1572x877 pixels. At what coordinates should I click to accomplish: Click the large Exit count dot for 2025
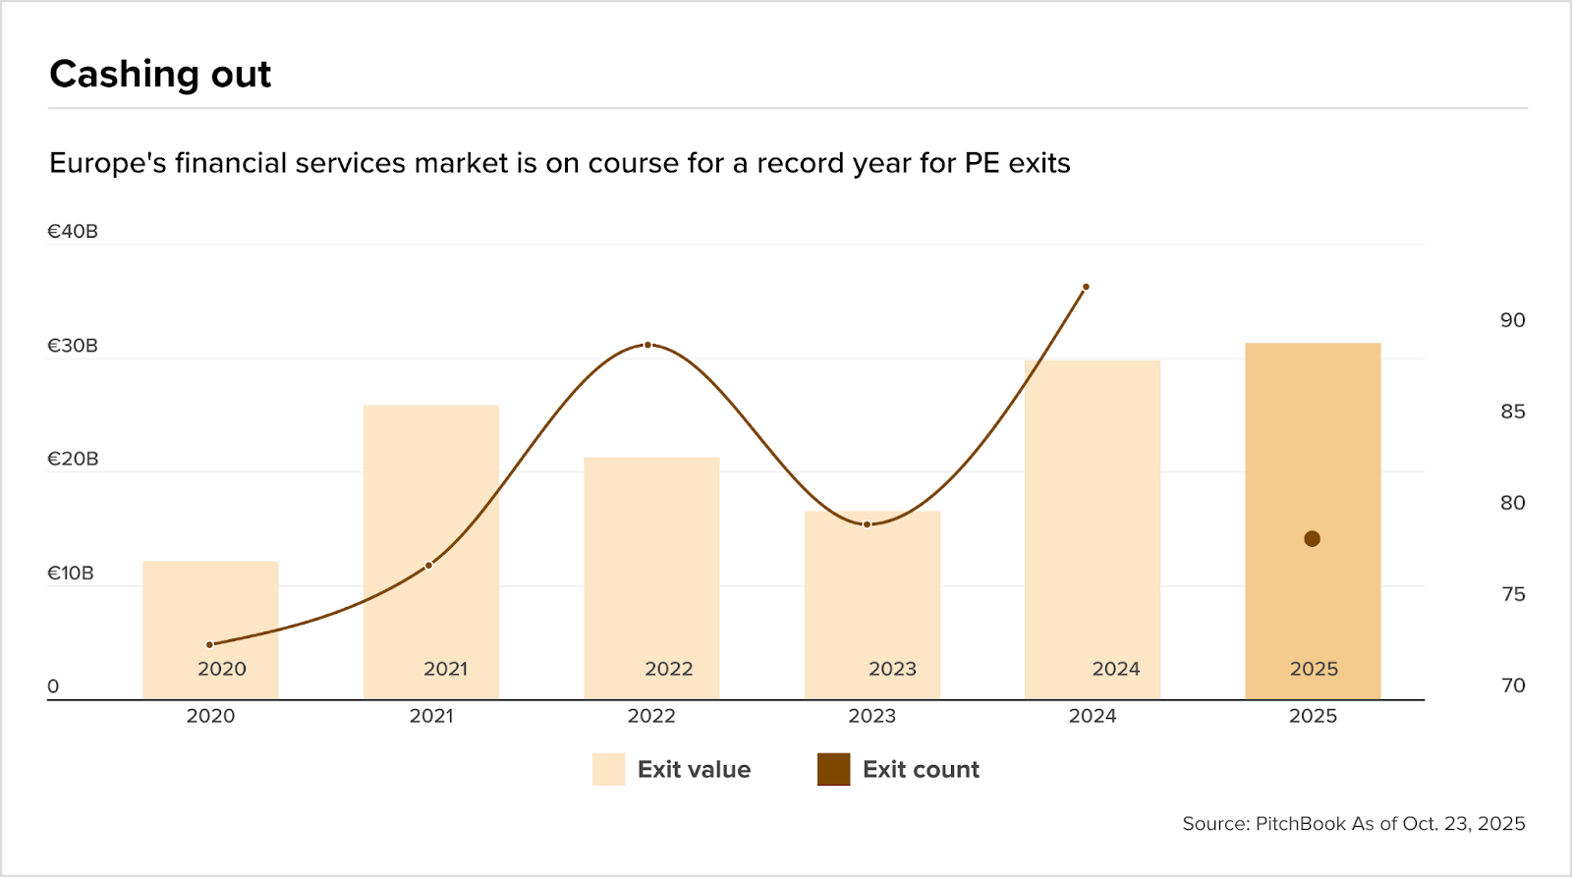[x=1312, y=539]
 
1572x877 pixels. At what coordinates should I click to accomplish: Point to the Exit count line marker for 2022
[x=647, y=345]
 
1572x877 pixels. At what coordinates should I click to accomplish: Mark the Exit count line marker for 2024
[x=1086, y=287]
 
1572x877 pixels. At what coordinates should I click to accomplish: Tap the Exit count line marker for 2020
[x=209, y=645]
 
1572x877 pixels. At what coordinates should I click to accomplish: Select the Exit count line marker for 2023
[x=867, y=524]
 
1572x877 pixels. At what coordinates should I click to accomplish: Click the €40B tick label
[x=73, y=232]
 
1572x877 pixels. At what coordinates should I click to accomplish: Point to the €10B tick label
[x=71, y=574]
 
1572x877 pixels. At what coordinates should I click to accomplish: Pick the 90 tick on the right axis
[x=1512, y=320]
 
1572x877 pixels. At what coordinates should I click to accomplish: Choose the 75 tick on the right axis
[x=1512, y=594]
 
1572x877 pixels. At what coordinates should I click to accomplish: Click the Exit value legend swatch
[x=608, y=770]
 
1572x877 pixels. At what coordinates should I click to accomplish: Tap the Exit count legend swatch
[x=833, y=770]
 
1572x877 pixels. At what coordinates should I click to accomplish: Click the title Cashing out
[x=160, y=75]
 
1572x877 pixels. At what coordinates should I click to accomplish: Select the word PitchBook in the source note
[x=1301, y=824]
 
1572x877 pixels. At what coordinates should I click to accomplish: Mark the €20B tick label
[x=73, y=460]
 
